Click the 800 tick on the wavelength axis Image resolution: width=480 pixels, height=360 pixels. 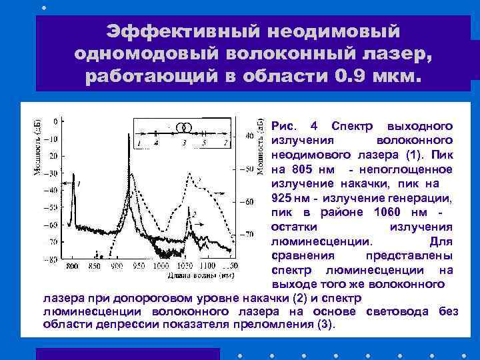click(x=72, y=265)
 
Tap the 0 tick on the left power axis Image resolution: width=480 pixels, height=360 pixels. click(x=55, y=121)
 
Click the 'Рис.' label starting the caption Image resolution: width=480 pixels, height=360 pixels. click(x=285, y=127)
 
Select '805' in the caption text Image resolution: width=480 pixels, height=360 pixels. click(x=303, y=169)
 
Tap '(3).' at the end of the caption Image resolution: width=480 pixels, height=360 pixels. click(x=323, y=325)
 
